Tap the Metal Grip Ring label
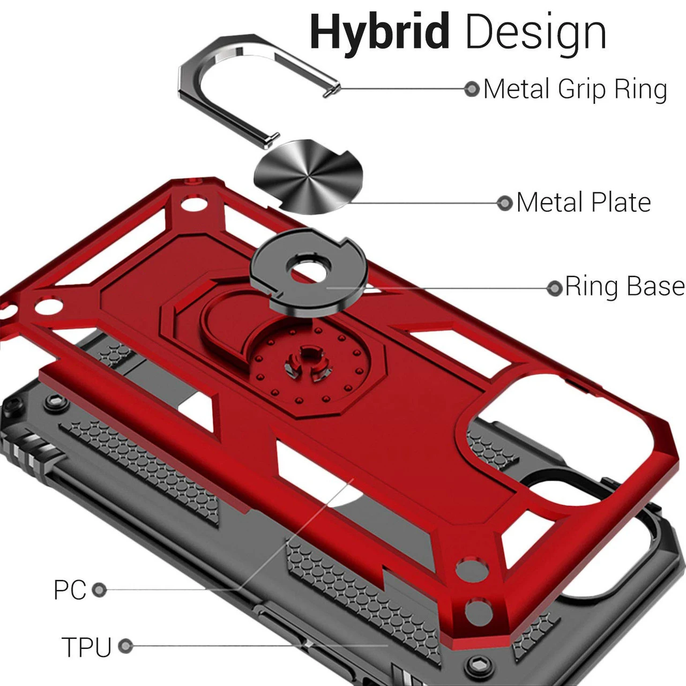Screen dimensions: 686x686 (575, 89)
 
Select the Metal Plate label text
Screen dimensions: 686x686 (583, 203)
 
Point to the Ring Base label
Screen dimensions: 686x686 (624, 287)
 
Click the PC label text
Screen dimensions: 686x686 (70, 590)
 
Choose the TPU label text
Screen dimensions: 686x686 (86, 646)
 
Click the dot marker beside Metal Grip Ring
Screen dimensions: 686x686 (472, 88)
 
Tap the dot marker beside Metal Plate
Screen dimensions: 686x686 (505, 203)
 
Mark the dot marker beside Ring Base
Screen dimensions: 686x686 (554, 288)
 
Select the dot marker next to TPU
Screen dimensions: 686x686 (125, 646)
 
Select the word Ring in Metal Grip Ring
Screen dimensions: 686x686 (640, 89)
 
